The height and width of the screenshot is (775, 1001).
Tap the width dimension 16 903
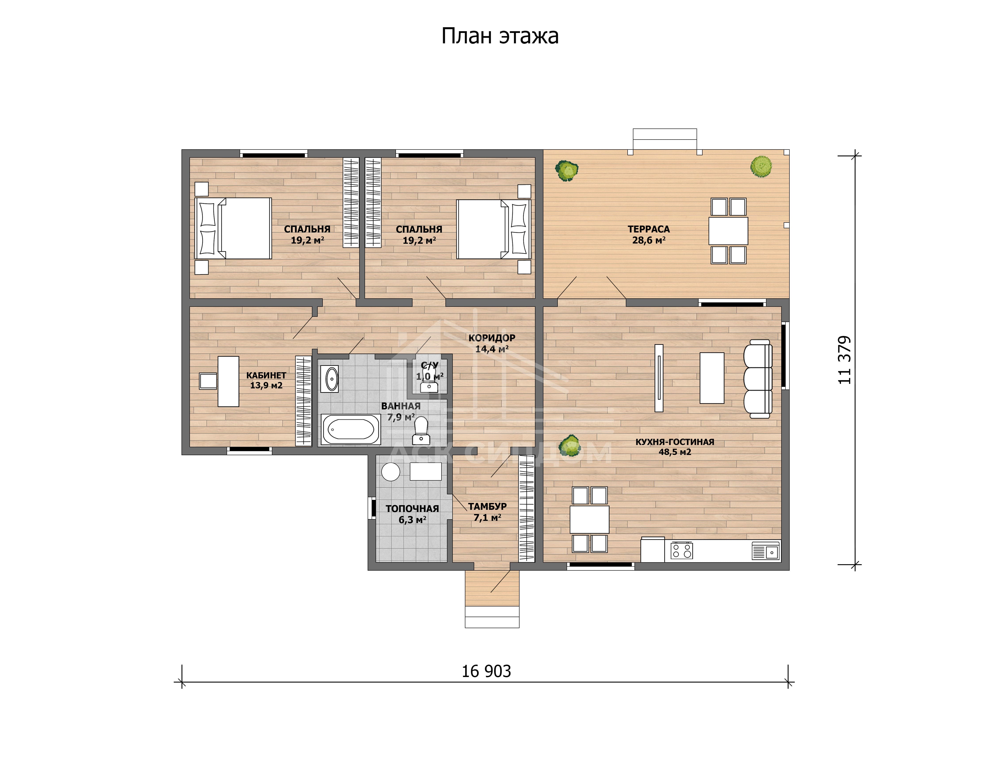coord(486,671)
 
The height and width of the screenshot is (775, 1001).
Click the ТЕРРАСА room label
coord(649,229)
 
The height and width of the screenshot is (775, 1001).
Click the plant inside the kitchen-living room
coord(569,445)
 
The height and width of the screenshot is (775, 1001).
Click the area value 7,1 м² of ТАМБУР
coord(487,518)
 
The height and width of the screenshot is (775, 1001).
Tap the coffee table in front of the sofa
coord(712,378)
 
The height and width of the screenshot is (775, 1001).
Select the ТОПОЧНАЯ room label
coord(412,508)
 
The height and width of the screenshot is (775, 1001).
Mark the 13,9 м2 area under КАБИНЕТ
coord(266,386)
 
